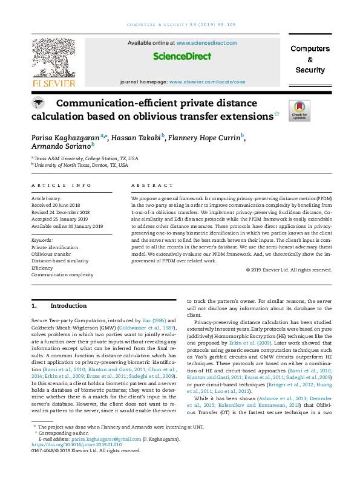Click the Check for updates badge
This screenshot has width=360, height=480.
point(299,111)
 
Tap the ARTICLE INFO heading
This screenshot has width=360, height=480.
point(61,185)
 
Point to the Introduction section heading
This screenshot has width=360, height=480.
point(68,306)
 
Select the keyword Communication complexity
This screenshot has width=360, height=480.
point(62,274)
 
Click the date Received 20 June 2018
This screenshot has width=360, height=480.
point(58,206)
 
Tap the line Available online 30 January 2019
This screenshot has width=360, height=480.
point(67,226)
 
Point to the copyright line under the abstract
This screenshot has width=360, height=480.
point(289,270)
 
